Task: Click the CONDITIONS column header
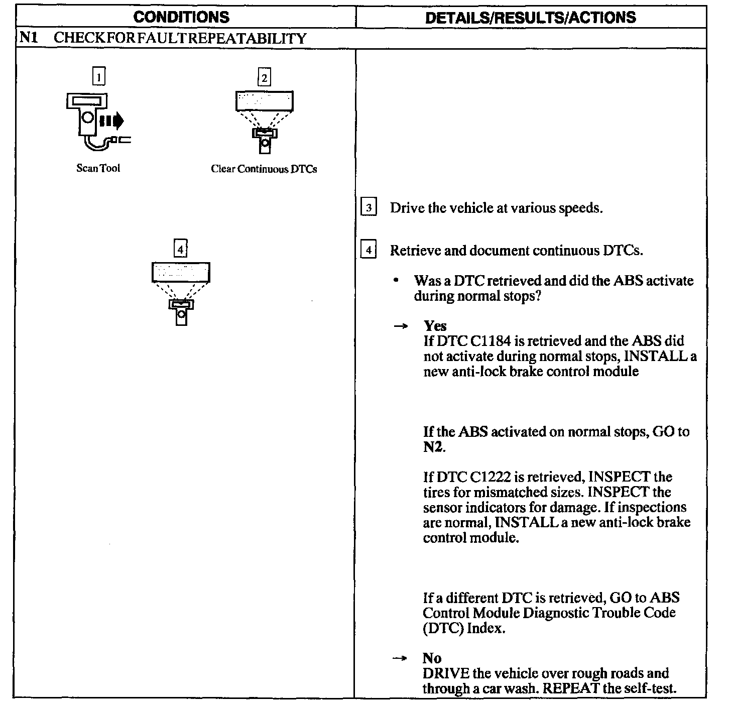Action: tap(181, 18)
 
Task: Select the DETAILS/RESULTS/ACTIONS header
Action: tap(530, 18)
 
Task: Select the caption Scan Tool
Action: tap(98, 168)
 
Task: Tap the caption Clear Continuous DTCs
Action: tap(264, 169)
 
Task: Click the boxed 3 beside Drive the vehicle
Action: tap(369, 207)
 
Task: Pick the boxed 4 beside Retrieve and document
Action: tap(369, 250)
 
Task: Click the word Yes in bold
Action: tap(435, 326)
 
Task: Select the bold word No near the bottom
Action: tap(432, 658)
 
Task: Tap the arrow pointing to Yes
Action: tap(400, 326)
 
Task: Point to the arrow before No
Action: tap(400, 658)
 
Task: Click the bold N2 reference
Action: tap(433, 447)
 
